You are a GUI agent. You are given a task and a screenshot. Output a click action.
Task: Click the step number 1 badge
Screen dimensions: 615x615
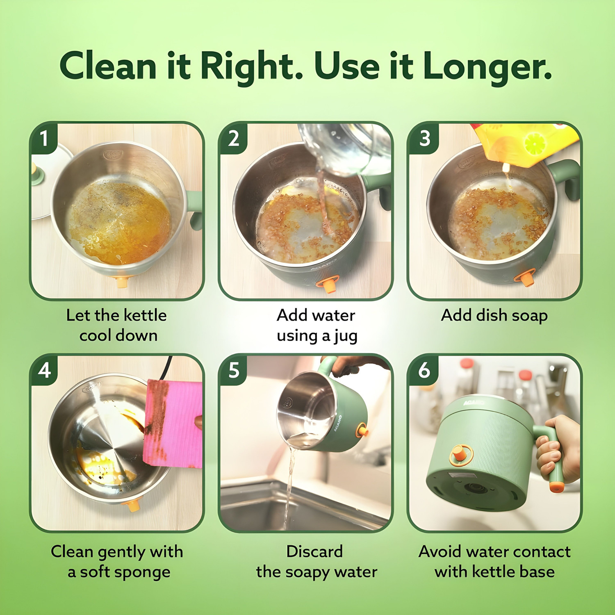(43, 138)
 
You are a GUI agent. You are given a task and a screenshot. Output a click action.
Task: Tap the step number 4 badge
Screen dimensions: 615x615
(44, 370)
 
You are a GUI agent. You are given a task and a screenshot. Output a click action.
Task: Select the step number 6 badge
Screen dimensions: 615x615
(424, 370)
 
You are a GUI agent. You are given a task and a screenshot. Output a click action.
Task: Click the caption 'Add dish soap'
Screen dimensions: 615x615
(494, 316)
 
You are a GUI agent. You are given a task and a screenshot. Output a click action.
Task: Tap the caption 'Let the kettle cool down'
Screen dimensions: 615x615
(117, 325)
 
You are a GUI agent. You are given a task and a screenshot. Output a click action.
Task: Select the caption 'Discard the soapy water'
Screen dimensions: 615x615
(316, 561)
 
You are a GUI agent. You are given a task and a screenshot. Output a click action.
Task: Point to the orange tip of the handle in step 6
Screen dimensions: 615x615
(556, 487)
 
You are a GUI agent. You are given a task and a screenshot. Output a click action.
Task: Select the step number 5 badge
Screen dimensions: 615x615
(233, 370)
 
